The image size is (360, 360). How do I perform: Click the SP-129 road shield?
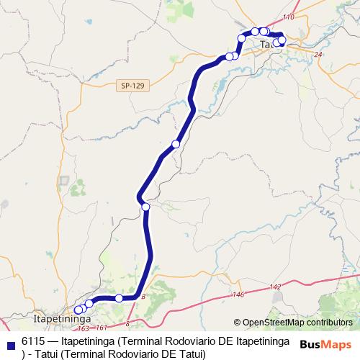click(x=133, y=86)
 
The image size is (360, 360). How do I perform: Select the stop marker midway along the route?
click(x=176, y=145)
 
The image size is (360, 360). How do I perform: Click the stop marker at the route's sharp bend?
click(x=145, y=207)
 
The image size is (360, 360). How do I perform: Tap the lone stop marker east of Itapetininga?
click(x=119, y=298)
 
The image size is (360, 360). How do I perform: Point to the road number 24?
click(x=319, y=54)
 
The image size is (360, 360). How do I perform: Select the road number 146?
click(x=238, y=294)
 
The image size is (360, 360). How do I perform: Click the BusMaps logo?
click(x=325, y=344)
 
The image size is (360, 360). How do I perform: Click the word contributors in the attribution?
click(x=330, y=323)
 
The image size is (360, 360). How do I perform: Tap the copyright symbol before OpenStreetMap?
click(x=238, y=323)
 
